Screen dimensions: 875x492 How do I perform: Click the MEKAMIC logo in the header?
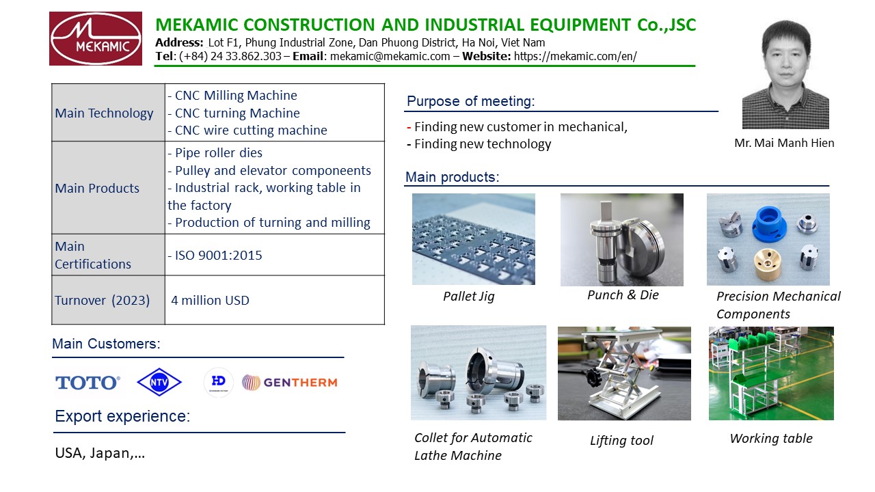point(96,39)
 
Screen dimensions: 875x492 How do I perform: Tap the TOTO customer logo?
point(87,383)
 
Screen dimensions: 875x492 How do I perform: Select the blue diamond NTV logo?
point(159,382)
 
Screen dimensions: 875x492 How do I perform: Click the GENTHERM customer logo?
point(289,382)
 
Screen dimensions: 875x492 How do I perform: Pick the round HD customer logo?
point(218,382)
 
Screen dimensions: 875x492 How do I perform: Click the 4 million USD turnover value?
point(210,300)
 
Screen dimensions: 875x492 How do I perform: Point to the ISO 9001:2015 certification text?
point(215,256)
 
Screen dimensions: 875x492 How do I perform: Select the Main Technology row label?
point(104,113)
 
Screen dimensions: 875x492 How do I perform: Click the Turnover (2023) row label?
point(103,300)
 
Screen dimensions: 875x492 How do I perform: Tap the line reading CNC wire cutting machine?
point(247,130)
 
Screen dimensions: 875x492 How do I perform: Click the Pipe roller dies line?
point(215,152)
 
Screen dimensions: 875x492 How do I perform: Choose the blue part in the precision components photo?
point(769,223)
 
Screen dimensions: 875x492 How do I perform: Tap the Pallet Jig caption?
point(469,297)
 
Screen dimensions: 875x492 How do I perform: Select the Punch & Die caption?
point(623,295)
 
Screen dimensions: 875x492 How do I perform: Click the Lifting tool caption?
point(621,441)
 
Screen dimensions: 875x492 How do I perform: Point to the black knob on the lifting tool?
point(592,378)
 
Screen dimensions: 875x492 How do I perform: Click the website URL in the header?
point(576,56)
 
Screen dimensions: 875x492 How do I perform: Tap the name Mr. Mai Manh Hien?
point(784,143)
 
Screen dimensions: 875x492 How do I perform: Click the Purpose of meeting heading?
point(471,101)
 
